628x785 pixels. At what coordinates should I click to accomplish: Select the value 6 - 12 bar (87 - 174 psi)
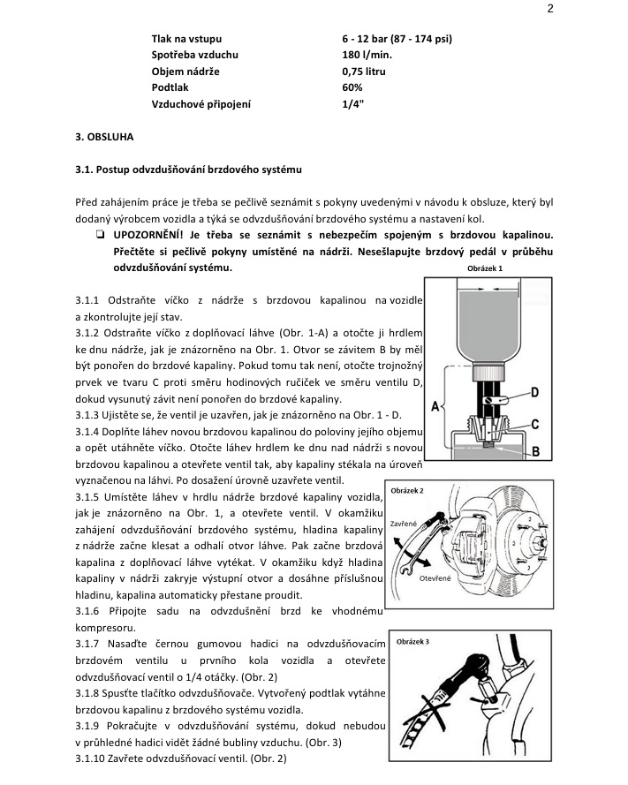397,39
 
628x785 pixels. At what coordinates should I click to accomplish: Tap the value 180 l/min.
367,55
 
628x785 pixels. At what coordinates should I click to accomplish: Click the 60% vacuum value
352,87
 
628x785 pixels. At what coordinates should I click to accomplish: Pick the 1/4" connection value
352,104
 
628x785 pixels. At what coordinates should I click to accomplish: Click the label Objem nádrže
185,72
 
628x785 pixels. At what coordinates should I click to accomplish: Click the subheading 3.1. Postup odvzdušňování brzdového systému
189,168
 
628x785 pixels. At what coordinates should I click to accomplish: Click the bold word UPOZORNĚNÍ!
141,234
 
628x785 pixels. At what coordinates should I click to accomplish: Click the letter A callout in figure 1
435,407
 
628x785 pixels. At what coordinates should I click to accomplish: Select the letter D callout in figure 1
534,392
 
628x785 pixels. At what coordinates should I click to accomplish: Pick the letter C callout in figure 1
535,425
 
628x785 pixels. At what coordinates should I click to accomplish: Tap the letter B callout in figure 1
535,451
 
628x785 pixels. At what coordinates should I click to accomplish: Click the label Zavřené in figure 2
403,524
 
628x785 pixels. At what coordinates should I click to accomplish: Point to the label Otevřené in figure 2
436,578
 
